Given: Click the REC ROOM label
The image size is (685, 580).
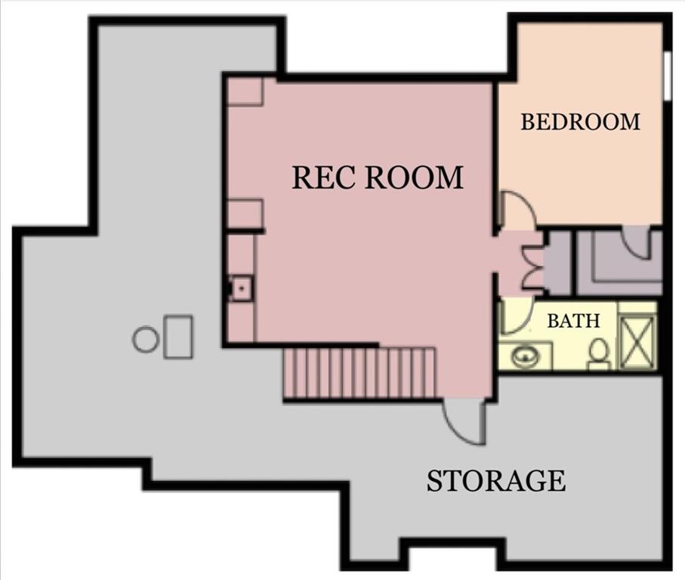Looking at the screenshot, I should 377,177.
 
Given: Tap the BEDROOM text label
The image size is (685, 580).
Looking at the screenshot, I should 580,122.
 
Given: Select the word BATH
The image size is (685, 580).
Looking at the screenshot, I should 573,320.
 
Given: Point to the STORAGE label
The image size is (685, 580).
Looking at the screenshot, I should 496,480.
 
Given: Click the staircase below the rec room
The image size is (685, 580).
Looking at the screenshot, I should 360,372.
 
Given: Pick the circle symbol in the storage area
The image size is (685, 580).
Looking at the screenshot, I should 145,339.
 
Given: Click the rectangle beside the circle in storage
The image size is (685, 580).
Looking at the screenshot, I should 179,337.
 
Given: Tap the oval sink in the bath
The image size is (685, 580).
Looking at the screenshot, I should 524,355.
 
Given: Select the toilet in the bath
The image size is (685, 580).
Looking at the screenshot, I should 599,353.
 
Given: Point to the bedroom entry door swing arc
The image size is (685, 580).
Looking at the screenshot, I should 518,210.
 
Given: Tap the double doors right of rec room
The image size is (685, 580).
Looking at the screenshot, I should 533,262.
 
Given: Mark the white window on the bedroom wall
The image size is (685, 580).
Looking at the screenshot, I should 668,76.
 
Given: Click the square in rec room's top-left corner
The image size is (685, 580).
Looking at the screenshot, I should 245,91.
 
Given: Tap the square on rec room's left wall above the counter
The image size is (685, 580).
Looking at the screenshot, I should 245,214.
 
